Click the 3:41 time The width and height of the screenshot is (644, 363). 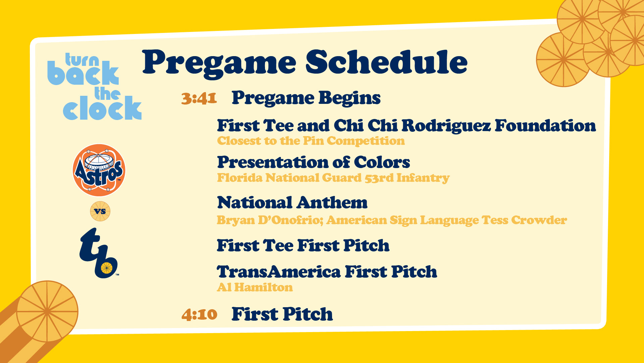[x=199, y=98]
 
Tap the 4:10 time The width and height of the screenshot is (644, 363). [x=199, y=315]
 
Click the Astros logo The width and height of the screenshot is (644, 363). [x=99, y=170]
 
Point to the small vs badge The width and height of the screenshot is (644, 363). [x=100, y=211]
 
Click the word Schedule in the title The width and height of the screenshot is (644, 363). [x=386, y=63]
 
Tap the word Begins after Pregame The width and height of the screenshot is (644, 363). [x=350, y=98]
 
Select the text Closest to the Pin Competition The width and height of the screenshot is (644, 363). [x=311, y=141]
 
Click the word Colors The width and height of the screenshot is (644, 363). [x=382, y=162]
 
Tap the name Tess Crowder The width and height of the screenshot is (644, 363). [x=524, y=220]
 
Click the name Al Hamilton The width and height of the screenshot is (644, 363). [x=255, y=287]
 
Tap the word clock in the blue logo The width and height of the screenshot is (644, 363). [x=102, y=108]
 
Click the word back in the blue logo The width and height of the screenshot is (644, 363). [x=83, y=73]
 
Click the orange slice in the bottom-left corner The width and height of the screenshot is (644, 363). [x=47, y=311]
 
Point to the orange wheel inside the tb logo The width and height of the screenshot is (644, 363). [x=107, y=268]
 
